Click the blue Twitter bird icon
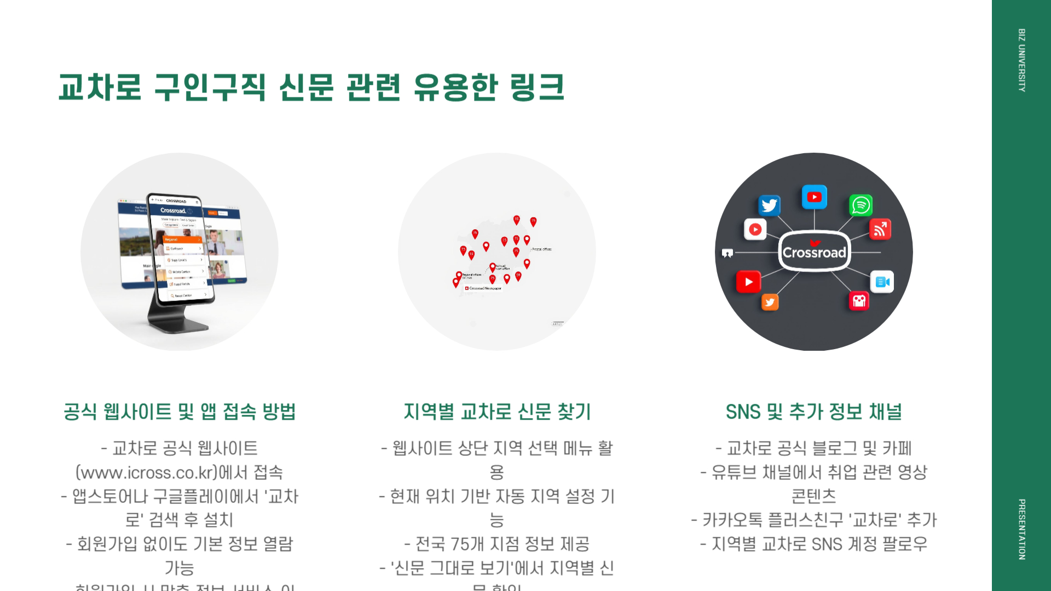769,205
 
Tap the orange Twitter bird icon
770,302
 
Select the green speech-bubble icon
861,205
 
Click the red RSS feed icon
880,229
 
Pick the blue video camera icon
882,282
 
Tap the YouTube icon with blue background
814,197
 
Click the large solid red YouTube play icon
748,282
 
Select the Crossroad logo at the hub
814,252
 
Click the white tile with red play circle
755,229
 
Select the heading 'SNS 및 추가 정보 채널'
813,412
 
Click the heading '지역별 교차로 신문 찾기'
497,412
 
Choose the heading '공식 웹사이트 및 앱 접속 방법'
180,412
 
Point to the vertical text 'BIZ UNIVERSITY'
1021,60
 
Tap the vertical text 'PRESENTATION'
1021,529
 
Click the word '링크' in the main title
536,88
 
